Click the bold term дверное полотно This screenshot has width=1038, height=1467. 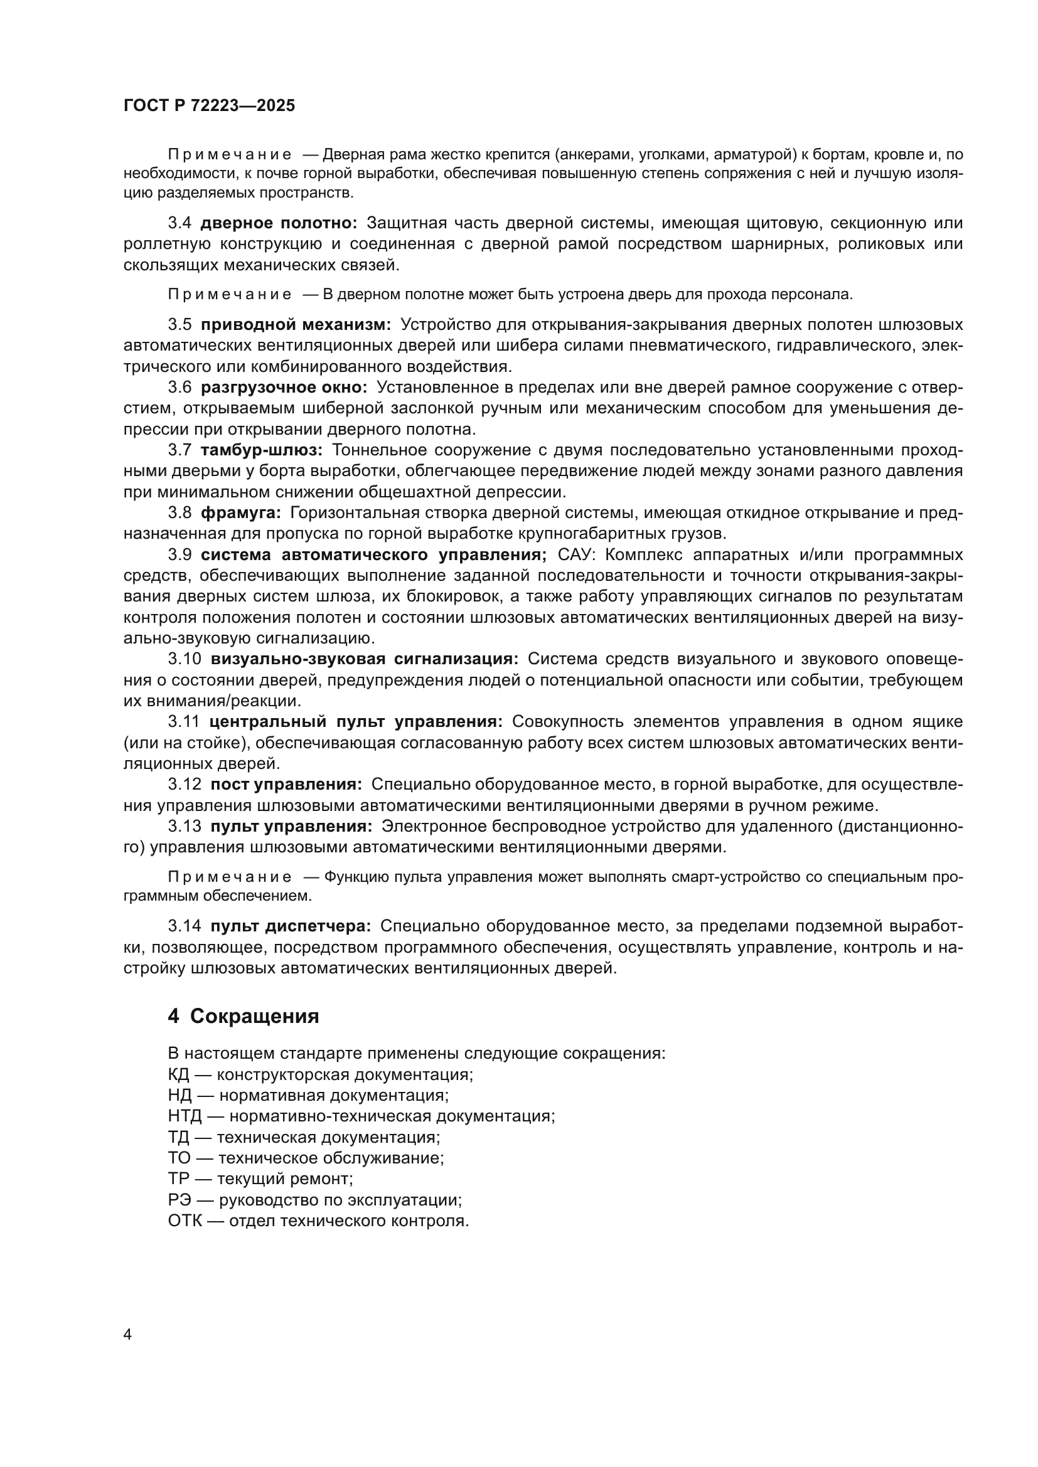[x=279, y=223]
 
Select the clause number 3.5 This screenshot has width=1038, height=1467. [x=179, y=325]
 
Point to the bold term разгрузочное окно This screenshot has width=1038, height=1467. [x=284, y=387]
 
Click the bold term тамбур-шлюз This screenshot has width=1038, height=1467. [x=262, y=450]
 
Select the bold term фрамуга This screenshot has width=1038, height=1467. [x=241, y=512]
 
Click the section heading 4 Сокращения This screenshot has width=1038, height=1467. [x=243, y=1016]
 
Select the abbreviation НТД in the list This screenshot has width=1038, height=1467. [x=185, y=1116]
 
